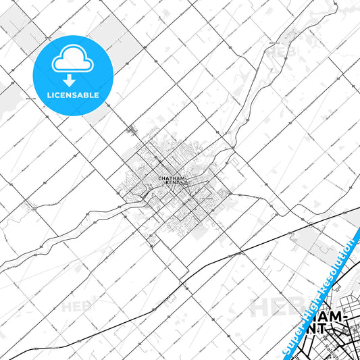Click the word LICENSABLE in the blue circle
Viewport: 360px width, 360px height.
coord(73,95)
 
